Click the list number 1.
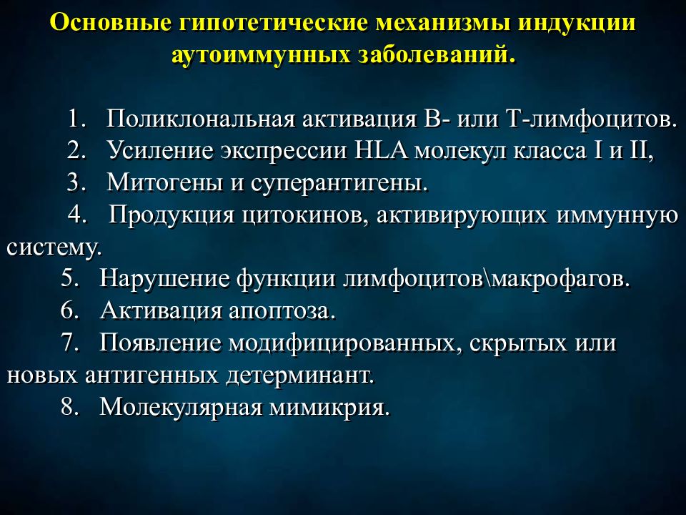(x=77, y=118)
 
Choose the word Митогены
(x=164, y=182)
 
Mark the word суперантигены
(x=339, y=182)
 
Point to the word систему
(x=54, y=247)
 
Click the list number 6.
(x=70, y=311)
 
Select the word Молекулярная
(x=177, y=408)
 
